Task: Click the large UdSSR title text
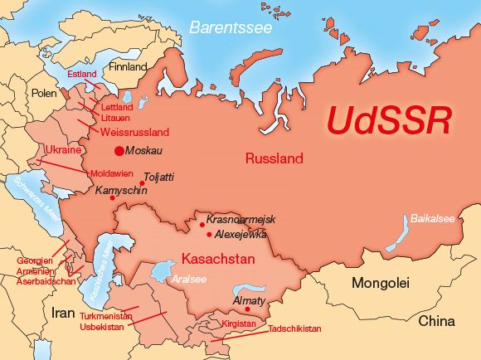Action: pyautogui.click(x=388, y=119)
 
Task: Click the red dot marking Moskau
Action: pyautogui.click(x=119, y=151)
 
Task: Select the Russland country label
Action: pyautogui.click(x=274, y=158)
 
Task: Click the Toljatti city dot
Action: pyautogui.click(x=142, y=183)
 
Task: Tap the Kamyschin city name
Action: pyautogui.click(x=121, y=190)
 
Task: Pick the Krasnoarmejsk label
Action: pyautogui.click(x=240, y=220)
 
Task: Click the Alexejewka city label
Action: pyautogui.click(x=241, y=234)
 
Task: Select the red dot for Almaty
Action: pyautogui.click(x=247, y=309)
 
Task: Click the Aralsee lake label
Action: pyautogui.click(x=188, y=280)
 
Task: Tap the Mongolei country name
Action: pyautogui.click(x=381, y=283)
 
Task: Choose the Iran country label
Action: pyautogui.click(x=63, y=314)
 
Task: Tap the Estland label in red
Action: pyautogui.click(x=82, y=75)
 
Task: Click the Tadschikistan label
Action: pyautogui.click(x=294, y=329)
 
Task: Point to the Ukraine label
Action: pyautogui.click(x=63, y=150)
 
